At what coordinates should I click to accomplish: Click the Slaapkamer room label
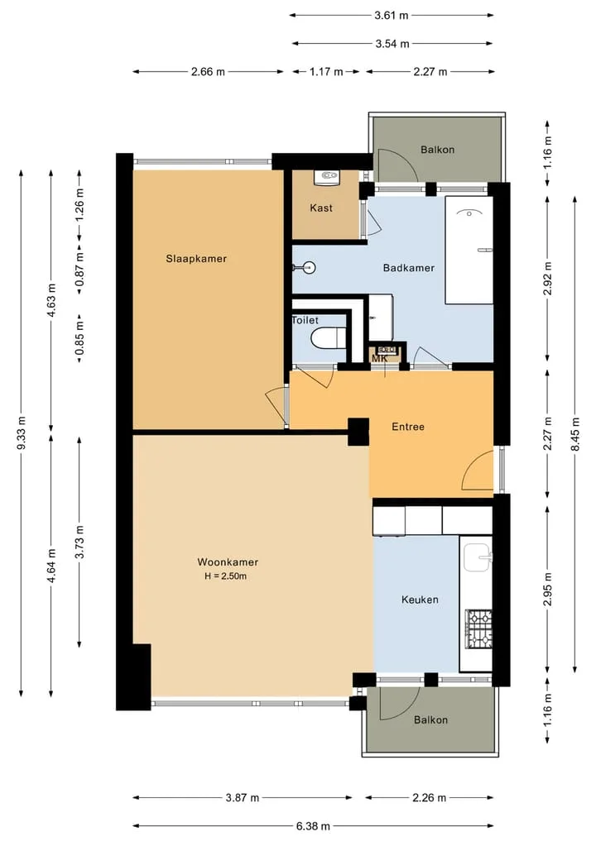[196, 259]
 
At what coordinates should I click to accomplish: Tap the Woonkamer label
[228, 562]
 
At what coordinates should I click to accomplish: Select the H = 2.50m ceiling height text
[225, 576]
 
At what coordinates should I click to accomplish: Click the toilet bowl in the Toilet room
[328, 338]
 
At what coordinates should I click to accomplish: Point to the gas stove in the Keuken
[478, 629]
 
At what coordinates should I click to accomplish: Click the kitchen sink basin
[477, 557]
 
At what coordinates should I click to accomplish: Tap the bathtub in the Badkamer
[469, 250]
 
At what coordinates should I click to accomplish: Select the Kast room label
[321, 208]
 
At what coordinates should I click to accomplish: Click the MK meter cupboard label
[380, 358]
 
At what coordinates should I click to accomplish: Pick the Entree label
[408, 427]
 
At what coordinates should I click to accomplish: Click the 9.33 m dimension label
[22, 432]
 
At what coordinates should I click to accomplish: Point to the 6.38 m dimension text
[313, 826]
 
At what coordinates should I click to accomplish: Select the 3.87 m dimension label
[243, 797]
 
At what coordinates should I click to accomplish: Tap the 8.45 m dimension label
[575, 434]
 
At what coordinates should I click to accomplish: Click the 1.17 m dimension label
[326, 71]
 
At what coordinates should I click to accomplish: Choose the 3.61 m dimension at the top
[392, 15]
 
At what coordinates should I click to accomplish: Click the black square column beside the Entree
[358, 432]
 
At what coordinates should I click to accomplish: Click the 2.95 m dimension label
[548, 590]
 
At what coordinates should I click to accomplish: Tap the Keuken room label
[420, 600]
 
